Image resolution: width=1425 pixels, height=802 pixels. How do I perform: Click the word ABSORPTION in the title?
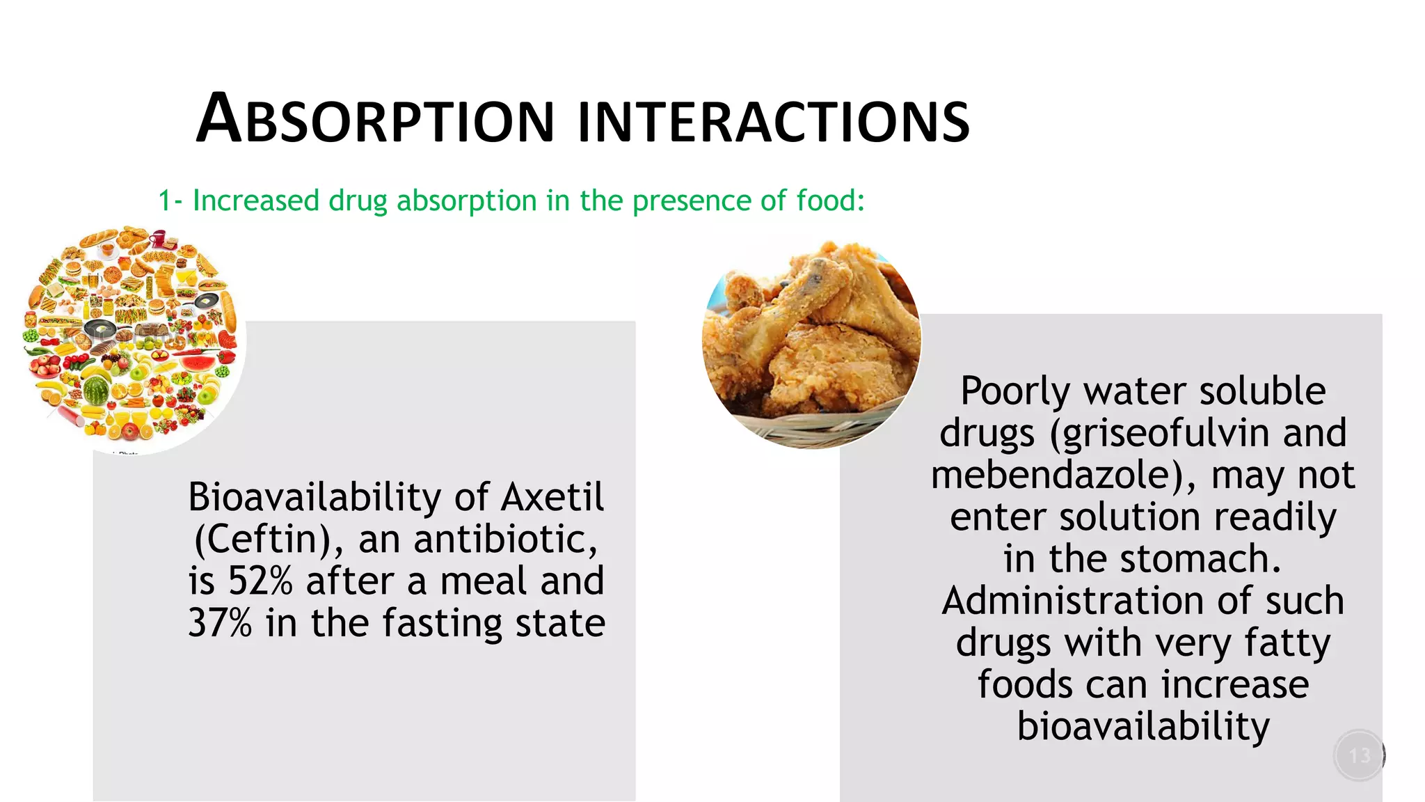tap(376, 120)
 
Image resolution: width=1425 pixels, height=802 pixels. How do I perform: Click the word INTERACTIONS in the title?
tap(774, 122)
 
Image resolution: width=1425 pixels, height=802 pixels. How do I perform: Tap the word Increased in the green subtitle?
tap(255, 200)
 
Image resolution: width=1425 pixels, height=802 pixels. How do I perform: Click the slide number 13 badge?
tap(1359, 755)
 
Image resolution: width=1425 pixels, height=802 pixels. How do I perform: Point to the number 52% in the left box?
tap(260, 581)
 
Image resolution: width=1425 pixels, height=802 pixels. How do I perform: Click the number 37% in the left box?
tap(220, 623)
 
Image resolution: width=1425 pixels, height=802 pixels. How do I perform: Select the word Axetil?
tap(552, 497)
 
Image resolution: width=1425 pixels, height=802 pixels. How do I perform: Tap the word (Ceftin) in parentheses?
tap(268, 540)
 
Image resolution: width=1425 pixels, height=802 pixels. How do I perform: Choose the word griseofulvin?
tap(1162, 433)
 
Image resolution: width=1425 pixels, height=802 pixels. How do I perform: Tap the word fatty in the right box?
tap(1287, 643)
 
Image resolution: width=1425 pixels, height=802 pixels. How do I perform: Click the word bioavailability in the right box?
tap(1143, 727)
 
